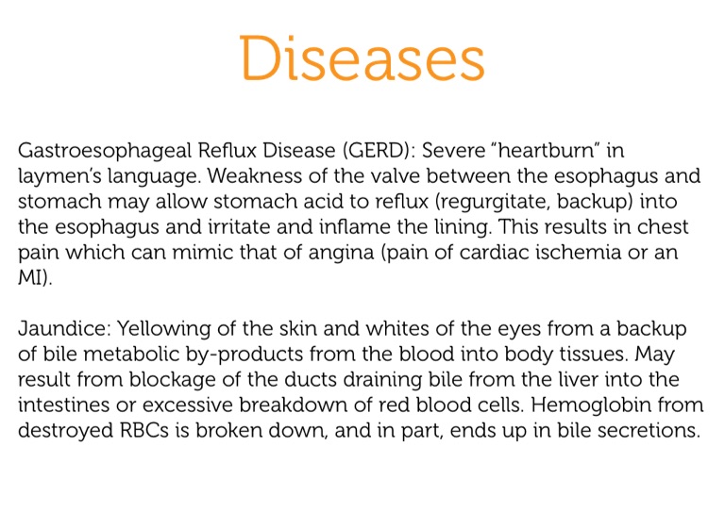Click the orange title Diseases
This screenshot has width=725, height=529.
click(362, 58)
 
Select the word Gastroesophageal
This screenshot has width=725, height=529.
click(105, 151)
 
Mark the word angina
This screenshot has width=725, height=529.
click(341, 254)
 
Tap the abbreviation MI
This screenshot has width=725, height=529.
click(30, 277)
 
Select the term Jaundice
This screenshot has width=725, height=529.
click(62, 329)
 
